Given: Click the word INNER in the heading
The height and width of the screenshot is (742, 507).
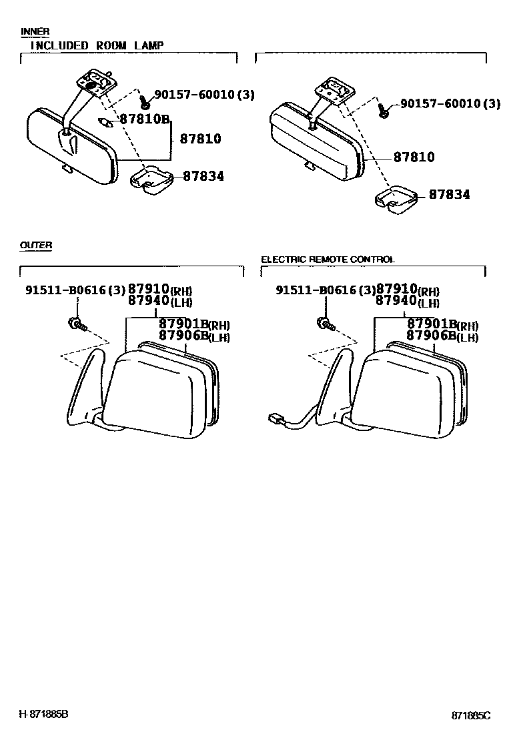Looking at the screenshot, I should point(35,31).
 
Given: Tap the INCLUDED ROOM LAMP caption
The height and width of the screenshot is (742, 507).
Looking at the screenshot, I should point(97,45).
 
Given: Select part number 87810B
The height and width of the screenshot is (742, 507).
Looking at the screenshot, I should point(145,119).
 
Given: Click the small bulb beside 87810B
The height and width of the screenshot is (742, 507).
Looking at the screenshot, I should point(105,121).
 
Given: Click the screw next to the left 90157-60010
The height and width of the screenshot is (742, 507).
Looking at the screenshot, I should point(144,103).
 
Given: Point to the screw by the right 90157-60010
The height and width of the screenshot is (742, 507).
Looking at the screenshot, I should point(384,110).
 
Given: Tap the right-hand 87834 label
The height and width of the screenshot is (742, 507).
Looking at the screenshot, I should point(449,195).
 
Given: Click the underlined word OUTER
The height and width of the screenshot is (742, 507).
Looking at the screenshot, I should point(36,246).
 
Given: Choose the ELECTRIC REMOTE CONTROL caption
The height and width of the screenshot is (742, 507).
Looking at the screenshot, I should point(328,260).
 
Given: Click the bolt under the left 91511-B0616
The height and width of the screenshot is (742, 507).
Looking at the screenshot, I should point(75,325).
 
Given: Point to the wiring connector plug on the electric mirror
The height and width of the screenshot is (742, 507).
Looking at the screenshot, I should point(275,419).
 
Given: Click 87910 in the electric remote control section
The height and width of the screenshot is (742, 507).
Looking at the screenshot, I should point(397,289).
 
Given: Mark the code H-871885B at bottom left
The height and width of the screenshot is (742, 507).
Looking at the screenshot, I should point(43,714).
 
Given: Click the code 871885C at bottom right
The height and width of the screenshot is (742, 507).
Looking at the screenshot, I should point(470,715).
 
